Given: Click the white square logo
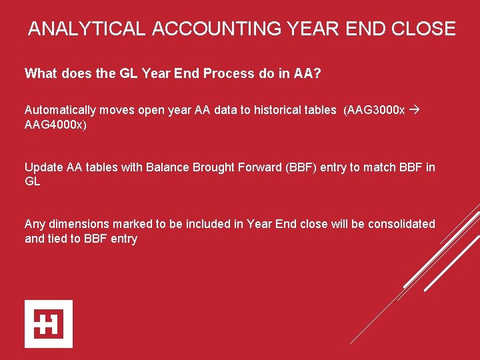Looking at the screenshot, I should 49,324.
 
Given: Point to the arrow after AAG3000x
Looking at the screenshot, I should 415,110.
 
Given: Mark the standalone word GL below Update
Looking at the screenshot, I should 33,181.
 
